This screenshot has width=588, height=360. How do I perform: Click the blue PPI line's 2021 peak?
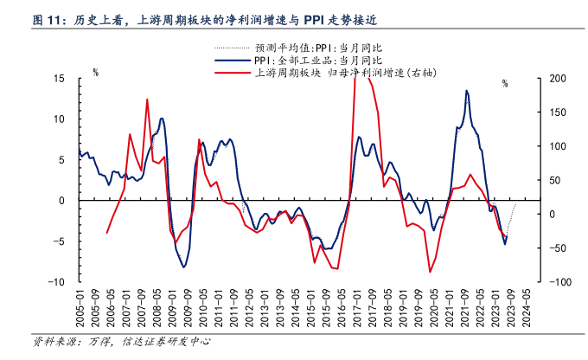tap(467, 90)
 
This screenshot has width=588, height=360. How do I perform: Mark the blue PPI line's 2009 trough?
tap(183, 267)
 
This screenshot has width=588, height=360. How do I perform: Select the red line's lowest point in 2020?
tap(430, 272)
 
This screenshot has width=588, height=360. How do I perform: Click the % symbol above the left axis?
tap(95, 73)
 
